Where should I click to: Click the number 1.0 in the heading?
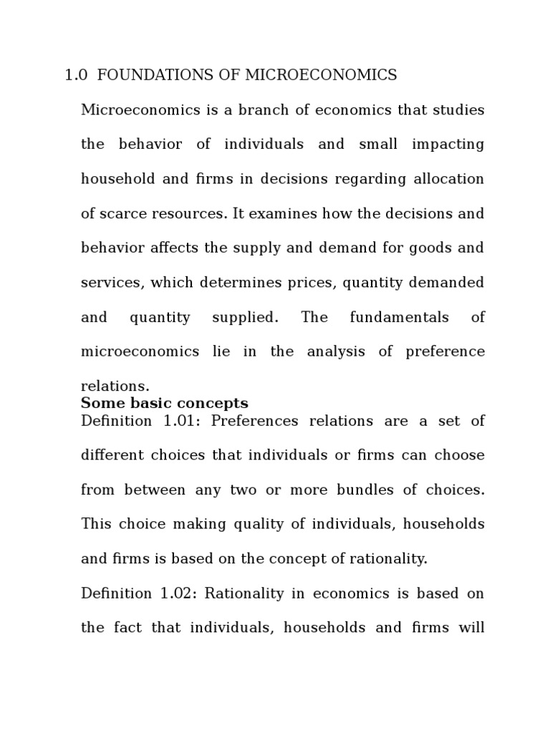pyautogui.click(x=75, y=75)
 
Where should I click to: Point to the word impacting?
pyautogui.click(x=448, y=145)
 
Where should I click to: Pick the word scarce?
pyautogui.click(x=126, y=213)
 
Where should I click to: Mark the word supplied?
pyautogui.click(x=244, y=317)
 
